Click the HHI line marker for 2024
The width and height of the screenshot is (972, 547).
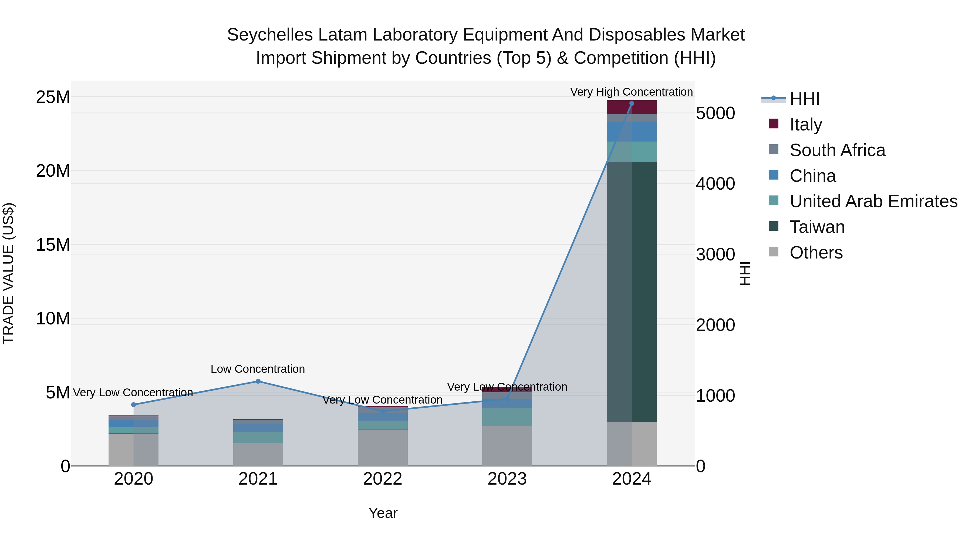point(632,103)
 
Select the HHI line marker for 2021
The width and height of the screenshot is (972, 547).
point(258,381)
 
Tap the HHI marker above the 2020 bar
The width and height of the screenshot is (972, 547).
point(134,405)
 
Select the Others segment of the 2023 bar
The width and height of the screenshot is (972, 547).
point(507,445)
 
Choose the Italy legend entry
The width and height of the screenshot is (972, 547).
point(806,125)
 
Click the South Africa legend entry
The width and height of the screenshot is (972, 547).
point(837,150)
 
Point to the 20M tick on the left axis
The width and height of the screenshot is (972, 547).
point(53,171)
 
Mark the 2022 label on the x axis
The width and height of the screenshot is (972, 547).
point(383,479)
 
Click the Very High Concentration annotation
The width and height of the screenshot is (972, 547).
point(631,92)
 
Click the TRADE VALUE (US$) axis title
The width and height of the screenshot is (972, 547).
point(8,273)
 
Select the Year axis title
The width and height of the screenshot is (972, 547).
point(383,513)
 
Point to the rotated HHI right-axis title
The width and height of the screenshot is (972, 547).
point(745,273)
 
